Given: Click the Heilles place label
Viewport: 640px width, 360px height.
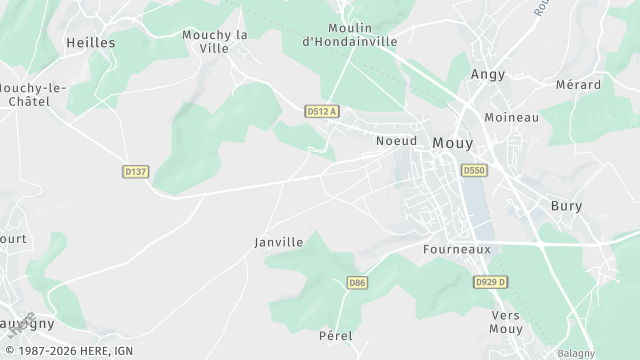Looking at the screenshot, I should point(90,43).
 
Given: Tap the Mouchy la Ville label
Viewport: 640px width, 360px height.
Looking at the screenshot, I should point(214,41).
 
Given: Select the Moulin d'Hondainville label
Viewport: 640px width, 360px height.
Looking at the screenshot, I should point(349,34).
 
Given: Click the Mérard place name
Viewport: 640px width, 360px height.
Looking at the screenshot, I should point(578,85).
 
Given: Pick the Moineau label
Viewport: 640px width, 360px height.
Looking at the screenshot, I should point(511,117).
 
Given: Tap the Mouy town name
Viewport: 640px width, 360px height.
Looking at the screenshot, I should point(453,143).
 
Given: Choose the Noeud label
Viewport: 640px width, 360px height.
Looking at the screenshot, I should point(396,141).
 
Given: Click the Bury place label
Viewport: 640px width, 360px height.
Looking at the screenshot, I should point(567,206).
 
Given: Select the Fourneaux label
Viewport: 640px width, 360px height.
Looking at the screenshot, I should point(455,248).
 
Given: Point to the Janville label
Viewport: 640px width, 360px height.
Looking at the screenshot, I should point(279,242).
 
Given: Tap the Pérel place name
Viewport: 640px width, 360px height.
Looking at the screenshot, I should point(336,335).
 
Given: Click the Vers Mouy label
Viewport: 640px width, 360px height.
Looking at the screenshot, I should point(507,321).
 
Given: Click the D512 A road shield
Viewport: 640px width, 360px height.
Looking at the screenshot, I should point(322,111).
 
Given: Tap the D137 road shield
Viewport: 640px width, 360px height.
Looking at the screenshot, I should point(136,172).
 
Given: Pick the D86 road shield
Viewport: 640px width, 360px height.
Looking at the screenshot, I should point(357,283).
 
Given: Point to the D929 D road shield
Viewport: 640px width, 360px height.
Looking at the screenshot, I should point(489,283).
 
